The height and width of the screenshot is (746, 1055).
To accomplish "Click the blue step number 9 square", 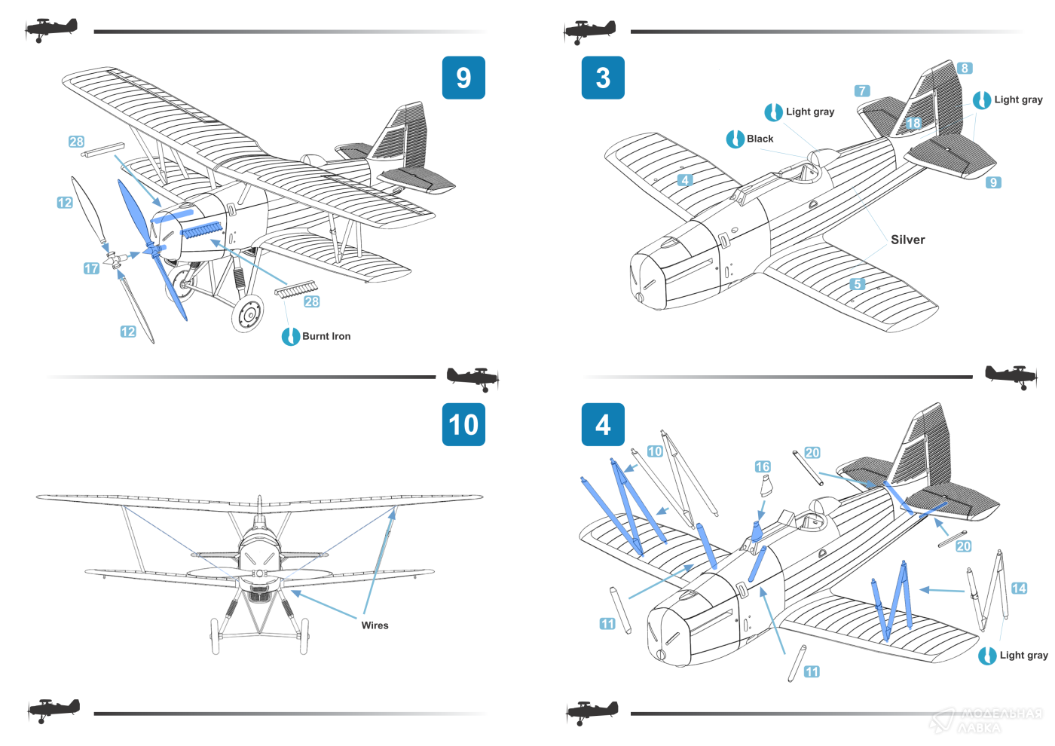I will (463, 78).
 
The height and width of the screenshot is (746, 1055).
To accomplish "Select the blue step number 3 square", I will (603, 78).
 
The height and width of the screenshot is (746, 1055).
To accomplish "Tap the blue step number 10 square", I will (463, 424).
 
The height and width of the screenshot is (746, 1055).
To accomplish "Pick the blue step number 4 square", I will (603, 424).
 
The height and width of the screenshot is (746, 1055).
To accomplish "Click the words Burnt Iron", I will (326, 336).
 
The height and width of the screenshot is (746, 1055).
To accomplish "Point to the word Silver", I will (907, 240).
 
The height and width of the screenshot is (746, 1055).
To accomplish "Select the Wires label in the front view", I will (375, 625).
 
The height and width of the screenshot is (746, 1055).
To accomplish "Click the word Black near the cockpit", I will (760, 139).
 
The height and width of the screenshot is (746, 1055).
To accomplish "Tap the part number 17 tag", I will (91, 268).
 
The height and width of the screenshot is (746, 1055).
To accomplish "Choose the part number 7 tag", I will (862, 91).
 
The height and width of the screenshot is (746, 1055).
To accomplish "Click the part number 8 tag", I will (965, 69).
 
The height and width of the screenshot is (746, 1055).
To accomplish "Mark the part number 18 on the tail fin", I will (913, 123).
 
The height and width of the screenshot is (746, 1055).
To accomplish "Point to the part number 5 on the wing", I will (857, 284).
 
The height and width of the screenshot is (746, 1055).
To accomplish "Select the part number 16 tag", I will (763, 467).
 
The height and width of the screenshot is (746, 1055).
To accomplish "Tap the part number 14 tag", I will (1019, 589).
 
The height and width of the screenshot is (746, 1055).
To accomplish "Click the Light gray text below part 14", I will (1023, 656).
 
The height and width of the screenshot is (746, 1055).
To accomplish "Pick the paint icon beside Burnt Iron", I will (291, 336).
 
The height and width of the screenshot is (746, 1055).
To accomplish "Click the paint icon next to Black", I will (735, 139).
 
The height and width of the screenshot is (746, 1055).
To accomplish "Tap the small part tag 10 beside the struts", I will (655, 451).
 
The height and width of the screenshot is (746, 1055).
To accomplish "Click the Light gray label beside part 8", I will (1018, 99).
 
